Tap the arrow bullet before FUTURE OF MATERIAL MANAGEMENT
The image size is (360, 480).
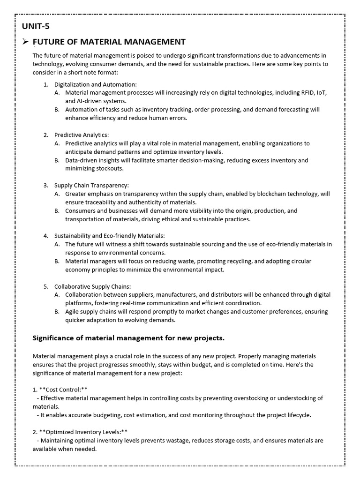click(x=27, y=42)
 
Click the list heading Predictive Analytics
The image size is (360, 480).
click(x=81, y=135)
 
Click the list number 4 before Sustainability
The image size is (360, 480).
click(x=46, y=236)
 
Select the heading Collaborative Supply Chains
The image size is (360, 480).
click(x=92, y=286)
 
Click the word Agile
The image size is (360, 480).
click(x=73, y=312)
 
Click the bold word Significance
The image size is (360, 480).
click(x=54, y=337)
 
